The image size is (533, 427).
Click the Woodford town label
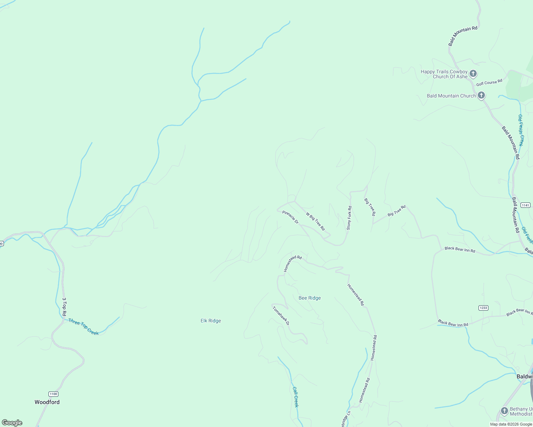pos(47,402)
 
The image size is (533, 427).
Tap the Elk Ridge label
pos(211,321)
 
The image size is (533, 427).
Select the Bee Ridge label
pos(310,298)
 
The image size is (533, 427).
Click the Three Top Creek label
pos(83,327)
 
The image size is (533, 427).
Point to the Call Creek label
pos(295,397)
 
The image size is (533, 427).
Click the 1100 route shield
pos(53,394)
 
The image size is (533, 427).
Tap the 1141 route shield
pos(526,205)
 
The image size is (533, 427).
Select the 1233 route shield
pos(483,308)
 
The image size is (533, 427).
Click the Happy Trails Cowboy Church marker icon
pos(473,74)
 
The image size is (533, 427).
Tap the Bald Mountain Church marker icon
pos(481,95)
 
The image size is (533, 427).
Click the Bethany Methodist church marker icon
pos(504,411)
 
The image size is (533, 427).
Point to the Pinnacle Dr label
pos(290,217)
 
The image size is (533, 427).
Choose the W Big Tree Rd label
pos(315,221)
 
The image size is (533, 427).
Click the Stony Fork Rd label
pos(349,218)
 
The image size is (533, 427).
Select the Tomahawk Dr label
pos(281,316)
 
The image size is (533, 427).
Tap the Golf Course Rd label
pos(489,83)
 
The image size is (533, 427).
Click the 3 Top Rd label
pos(64,307)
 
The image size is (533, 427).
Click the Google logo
pos(12,423)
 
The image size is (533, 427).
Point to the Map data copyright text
pos(511,424)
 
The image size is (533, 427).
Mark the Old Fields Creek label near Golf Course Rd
pos(521,130)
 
